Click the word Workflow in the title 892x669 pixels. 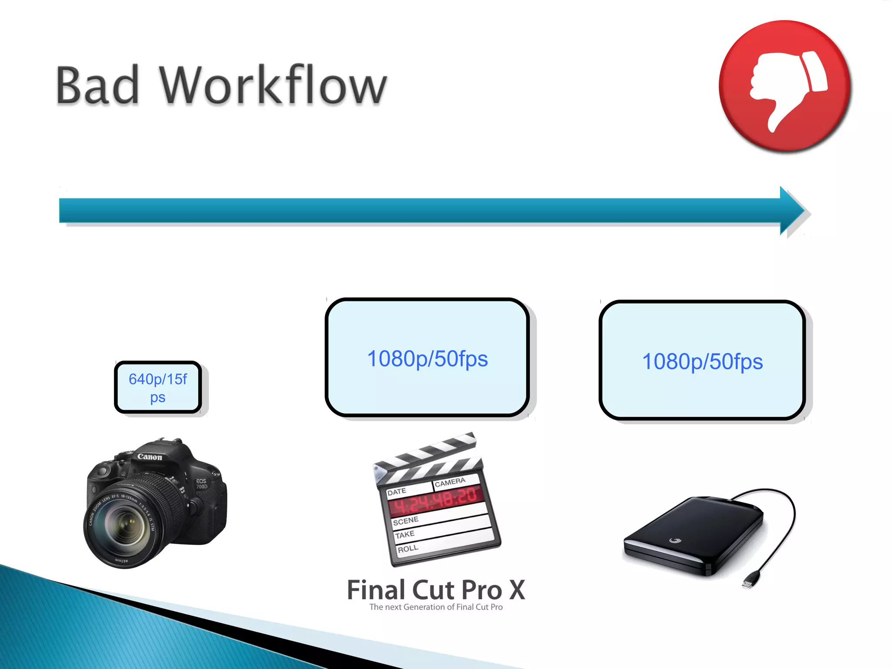[x=273, y=85]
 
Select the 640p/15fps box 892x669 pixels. [x=158, y=387]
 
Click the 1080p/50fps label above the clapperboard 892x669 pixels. [x=427, y=359]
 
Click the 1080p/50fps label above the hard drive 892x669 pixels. [x=702, y=362]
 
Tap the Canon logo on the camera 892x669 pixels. [x=149, y=456]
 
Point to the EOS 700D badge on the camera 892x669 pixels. [x=201, y=484]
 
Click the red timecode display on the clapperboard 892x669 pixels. [x=436, y=500]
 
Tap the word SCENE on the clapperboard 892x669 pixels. [x=405, y=520]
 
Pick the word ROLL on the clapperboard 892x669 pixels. [x=408, y=549]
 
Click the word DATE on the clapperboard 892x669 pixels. [x=396, y=492]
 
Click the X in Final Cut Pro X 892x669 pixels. [x=517, y=590]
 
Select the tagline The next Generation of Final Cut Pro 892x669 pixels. [x=436, y=607]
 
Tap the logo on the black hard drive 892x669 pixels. [x=675, y=541]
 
